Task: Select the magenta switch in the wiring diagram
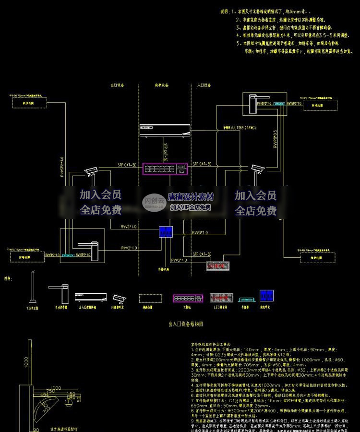(x=165, y=168)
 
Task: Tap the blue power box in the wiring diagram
(x=166, y=232)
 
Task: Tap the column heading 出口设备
(x=118, y=85)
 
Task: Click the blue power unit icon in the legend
(x=265, y=296)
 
